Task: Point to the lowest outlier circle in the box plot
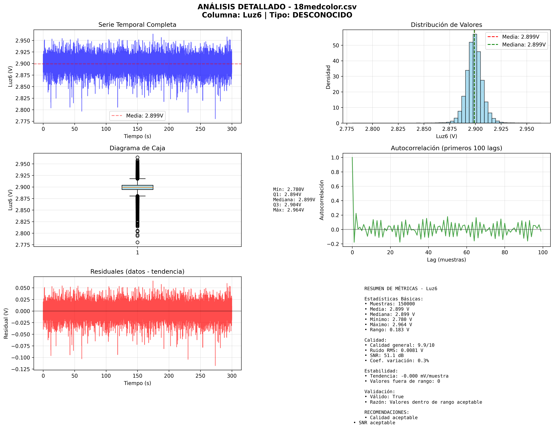coord(137,242)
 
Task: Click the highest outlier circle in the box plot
coord(137,158)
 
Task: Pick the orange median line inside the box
coord(137,187)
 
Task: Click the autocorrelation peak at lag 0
coord(352,158)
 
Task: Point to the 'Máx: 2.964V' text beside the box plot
coord(288,210)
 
